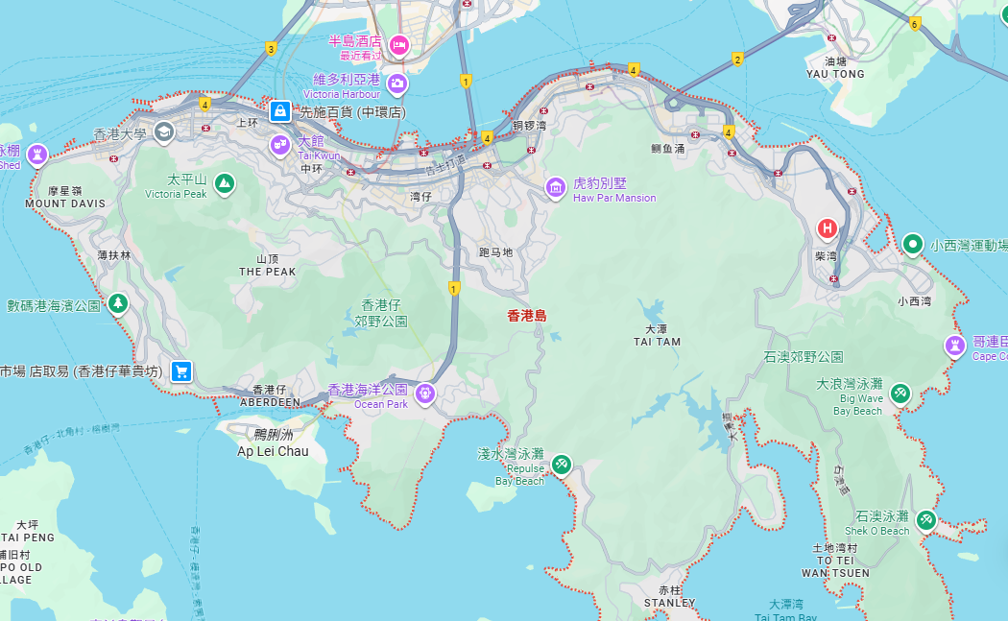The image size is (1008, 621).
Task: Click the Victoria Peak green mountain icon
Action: (x=224, y=182)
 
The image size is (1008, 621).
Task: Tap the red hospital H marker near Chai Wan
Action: (x=827, y=228)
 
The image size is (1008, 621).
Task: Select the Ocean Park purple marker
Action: (x=424, y=392)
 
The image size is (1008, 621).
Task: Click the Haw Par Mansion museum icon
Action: (x=556, y=187)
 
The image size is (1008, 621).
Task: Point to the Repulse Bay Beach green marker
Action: (x=562, y=466)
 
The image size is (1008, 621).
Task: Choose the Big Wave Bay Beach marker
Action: (x=900, y=393)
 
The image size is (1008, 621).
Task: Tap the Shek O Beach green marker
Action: (x=925, y=519)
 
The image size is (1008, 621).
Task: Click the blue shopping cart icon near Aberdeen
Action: (x=180, y=371)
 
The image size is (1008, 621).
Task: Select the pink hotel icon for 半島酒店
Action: (x=398, y=44)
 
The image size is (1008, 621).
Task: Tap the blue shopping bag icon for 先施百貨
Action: (x=279, y=111)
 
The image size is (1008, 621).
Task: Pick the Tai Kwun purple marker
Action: (x=280, y=145)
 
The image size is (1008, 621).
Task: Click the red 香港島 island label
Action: (x=527, y=315)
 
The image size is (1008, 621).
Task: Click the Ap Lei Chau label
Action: (x=274, y=451)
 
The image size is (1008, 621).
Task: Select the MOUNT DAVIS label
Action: (x=65, y=203)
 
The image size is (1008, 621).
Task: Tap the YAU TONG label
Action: (x=835, y=74)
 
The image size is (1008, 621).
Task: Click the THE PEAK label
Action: (x=268, y=272)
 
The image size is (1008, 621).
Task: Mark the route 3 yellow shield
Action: (x=272, y=49)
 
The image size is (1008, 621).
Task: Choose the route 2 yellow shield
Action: (x=737, y=60)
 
